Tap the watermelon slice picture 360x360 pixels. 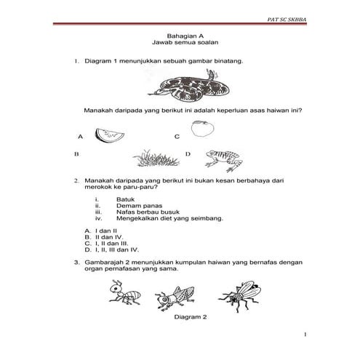111,135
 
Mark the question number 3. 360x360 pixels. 76,261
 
